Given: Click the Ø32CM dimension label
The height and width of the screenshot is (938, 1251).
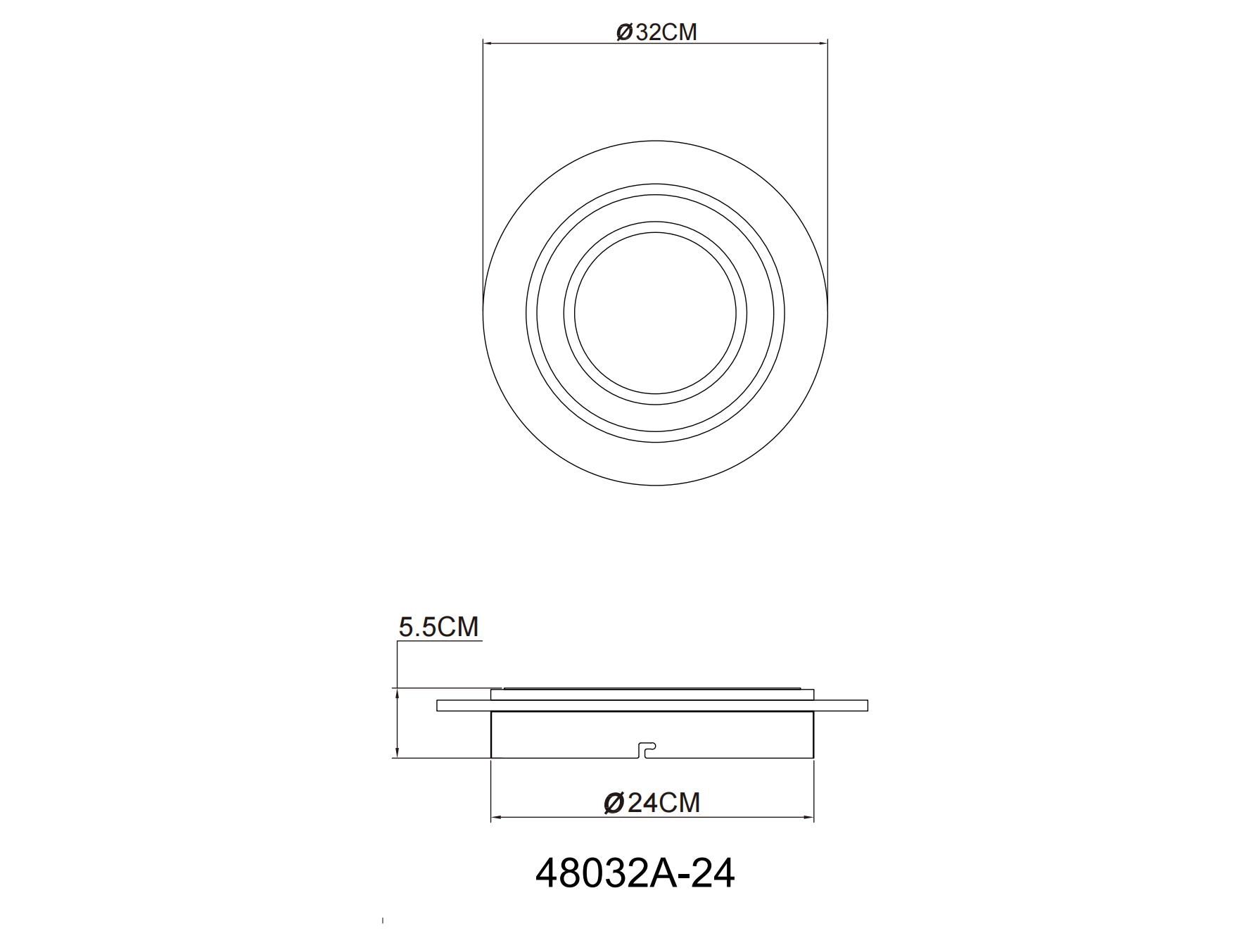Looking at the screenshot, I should tap(656, 32).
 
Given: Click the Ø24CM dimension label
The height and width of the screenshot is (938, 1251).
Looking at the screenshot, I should tap(652, 802).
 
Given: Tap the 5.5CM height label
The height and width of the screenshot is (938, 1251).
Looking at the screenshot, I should tap(438, 626).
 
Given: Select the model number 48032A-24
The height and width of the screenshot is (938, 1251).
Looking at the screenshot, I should tap(635, 873).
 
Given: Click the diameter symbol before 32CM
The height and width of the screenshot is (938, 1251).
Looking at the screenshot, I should tap(625, 32).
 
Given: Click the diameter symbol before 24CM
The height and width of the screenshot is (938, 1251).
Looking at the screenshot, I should tap(614, 802).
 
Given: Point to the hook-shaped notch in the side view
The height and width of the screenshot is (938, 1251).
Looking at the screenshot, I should tap(646, 749).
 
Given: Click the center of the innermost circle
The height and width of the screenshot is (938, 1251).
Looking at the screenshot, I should tap(655, 313).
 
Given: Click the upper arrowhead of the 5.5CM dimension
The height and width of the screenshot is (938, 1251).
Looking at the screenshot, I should tap(398, 692).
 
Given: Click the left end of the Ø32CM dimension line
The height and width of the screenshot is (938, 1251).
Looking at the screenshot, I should tap(484, 43).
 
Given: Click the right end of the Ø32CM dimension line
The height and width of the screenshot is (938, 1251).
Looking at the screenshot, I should tap(826, 43).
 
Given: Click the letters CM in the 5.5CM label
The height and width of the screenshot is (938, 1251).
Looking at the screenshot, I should tap(457, 626).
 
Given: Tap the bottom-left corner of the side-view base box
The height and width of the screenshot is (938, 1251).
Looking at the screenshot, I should tap(491, 757).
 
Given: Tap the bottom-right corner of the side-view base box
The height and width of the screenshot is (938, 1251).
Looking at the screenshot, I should tap(813, 757).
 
